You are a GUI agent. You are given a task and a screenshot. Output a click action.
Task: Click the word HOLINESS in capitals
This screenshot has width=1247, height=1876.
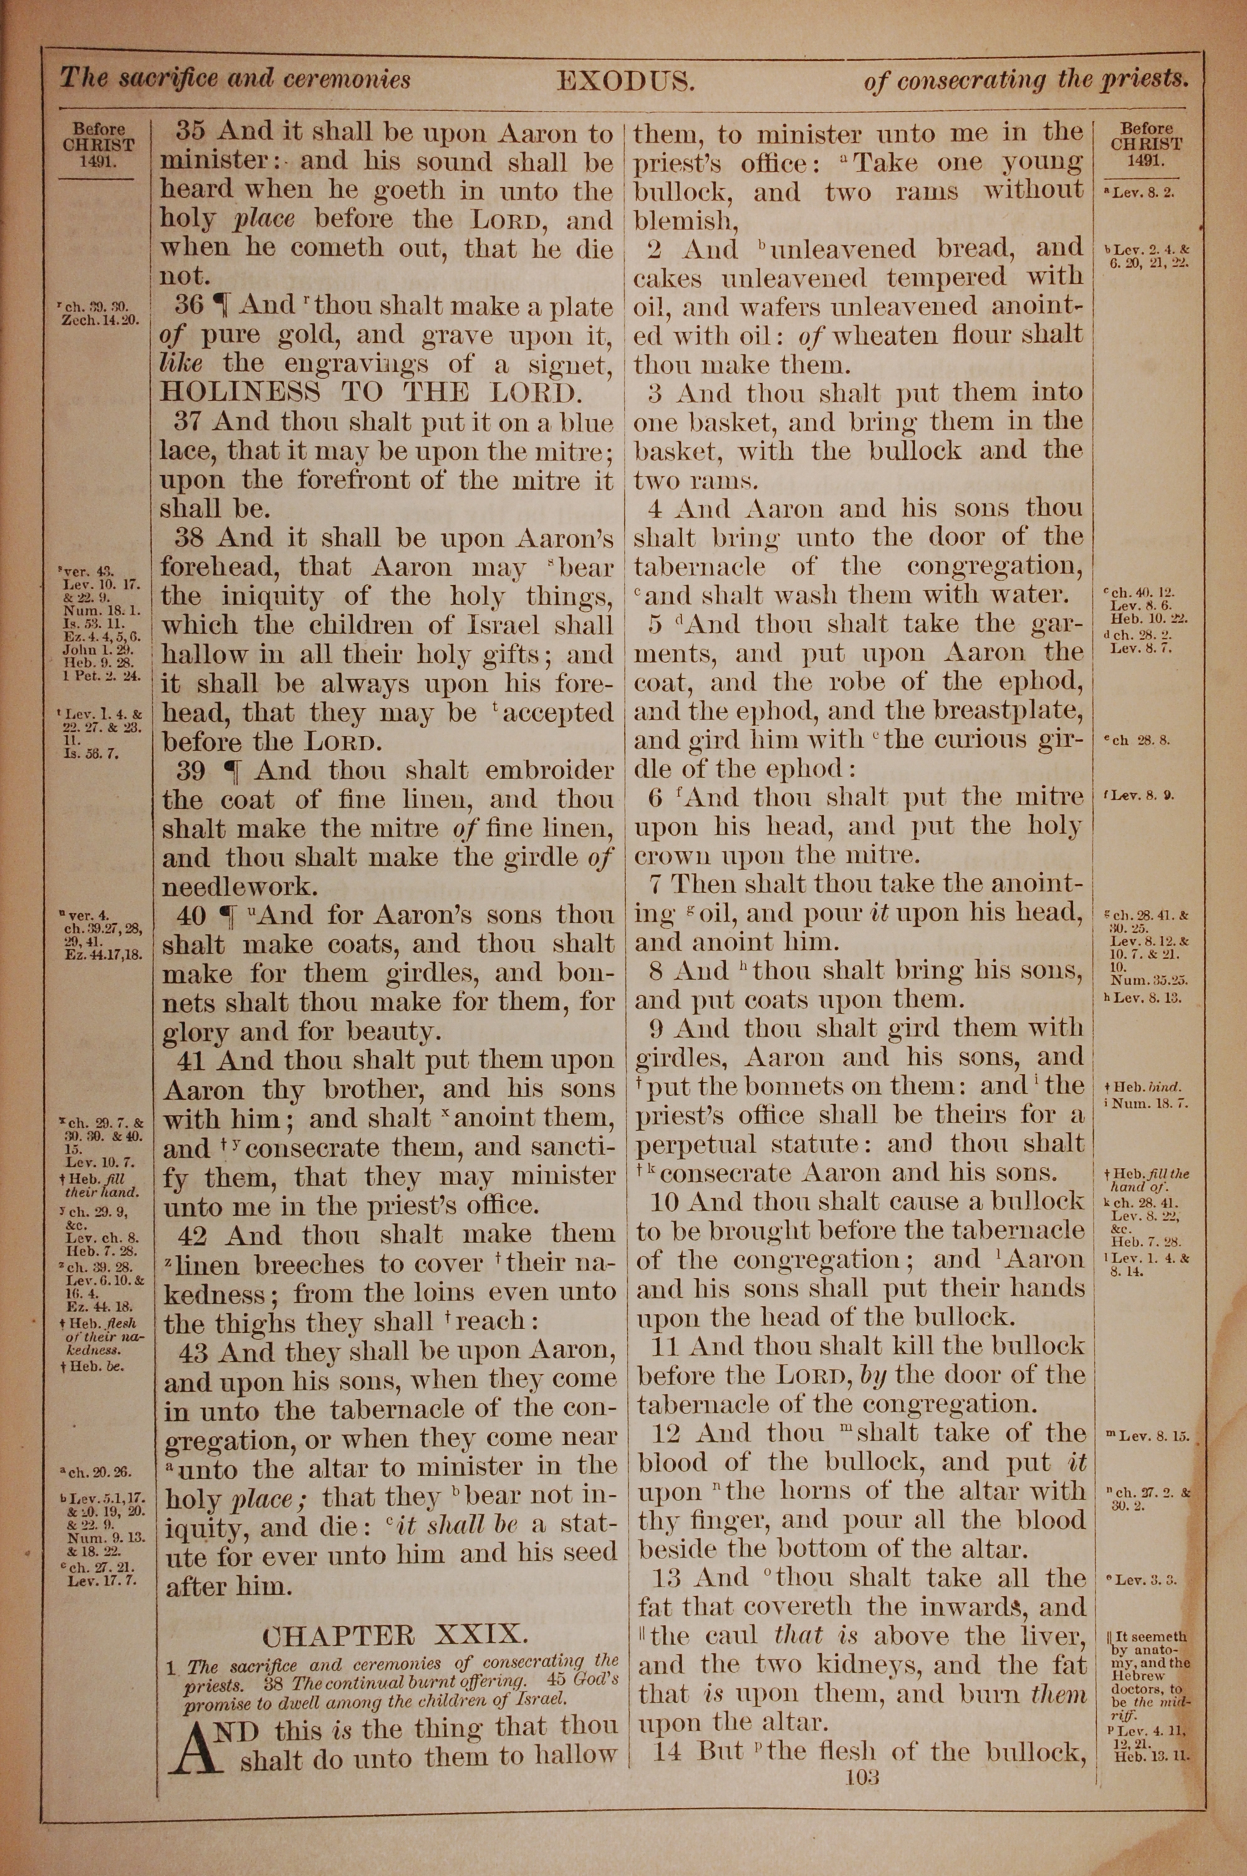[241, 393]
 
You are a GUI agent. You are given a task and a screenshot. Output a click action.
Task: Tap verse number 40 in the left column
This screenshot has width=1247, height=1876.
[191, 916]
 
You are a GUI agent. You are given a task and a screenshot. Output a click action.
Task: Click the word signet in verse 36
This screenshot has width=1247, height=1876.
[567, 365]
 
